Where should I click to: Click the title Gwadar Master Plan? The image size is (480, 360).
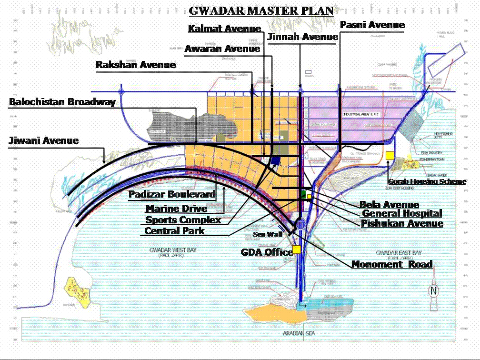(261, 10)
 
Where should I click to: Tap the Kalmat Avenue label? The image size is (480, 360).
(224, 29)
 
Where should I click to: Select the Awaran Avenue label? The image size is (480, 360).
(222, 49)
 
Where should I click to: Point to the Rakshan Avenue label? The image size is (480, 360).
(136, 65)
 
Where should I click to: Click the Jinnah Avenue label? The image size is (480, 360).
(302, 37)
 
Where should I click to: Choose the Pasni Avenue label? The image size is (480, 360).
(372, 25)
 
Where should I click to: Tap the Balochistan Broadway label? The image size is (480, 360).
(62, 102)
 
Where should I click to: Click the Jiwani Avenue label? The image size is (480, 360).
(44, 140)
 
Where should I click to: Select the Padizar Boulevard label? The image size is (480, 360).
(172, 194)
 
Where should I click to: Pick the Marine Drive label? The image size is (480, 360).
(176, 209)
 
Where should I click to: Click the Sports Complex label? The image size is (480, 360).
(183, 220)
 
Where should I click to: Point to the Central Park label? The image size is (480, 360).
(174, 231)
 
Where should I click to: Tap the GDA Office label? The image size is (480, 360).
(267, 252)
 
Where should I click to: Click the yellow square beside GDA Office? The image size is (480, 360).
(297, 250)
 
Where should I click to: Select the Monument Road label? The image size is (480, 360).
(392, 264)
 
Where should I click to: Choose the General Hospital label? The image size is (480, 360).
(402, 213)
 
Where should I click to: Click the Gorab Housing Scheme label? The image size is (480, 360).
(427, 181)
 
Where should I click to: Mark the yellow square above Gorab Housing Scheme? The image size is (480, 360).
(390, 155)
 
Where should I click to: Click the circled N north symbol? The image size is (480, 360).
(433, 291)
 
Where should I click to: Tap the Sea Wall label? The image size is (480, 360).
(268, 234)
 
